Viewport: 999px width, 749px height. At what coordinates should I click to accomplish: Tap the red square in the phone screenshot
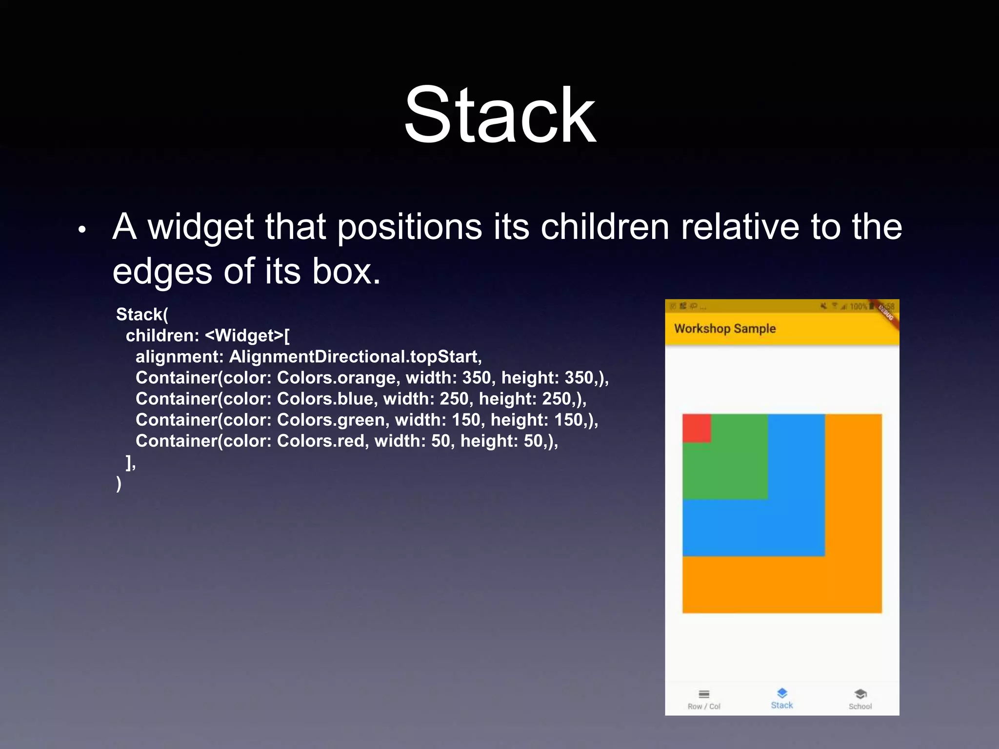coord(696,428)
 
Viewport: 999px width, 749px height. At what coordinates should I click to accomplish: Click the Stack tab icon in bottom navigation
coord(782,693)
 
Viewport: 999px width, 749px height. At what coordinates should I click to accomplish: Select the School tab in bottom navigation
coord(860,699)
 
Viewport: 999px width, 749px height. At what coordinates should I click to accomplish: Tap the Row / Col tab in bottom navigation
coord(704,699)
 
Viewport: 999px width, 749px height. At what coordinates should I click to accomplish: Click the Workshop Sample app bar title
coord(725,328)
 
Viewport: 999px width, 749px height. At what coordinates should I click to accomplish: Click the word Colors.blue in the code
coord(325,398)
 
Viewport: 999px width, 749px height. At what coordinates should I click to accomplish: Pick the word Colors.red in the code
coord(320,440)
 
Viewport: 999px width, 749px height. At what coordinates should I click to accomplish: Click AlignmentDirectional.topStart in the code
coord(355,356)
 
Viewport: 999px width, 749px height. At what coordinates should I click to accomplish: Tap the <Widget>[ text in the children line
coord(247,335)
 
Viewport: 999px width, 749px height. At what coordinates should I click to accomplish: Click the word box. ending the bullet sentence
coord(346,271)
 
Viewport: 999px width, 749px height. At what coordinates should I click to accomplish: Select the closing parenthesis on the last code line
coord(119,483)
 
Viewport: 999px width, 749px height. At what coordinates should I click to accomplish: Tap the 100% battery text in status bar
coord(858,306)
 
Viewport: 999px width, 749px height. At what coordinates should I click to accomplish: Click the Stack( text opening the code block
coord(142,315)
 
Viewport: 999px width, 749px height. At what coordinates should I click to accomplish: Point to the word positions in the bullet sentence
coord(409,227)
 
